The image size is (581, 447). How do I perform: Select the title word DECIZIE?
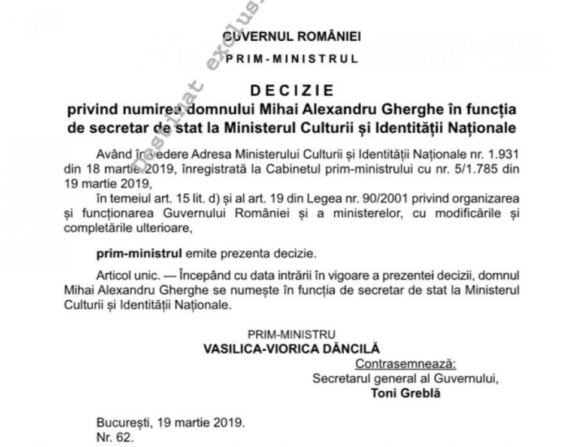point(291,91)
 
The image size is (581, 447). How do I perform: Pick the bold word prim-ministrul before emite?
point(131,253)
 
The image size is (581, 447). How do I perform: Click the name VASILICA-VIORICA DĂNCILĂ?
point(292,348)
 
